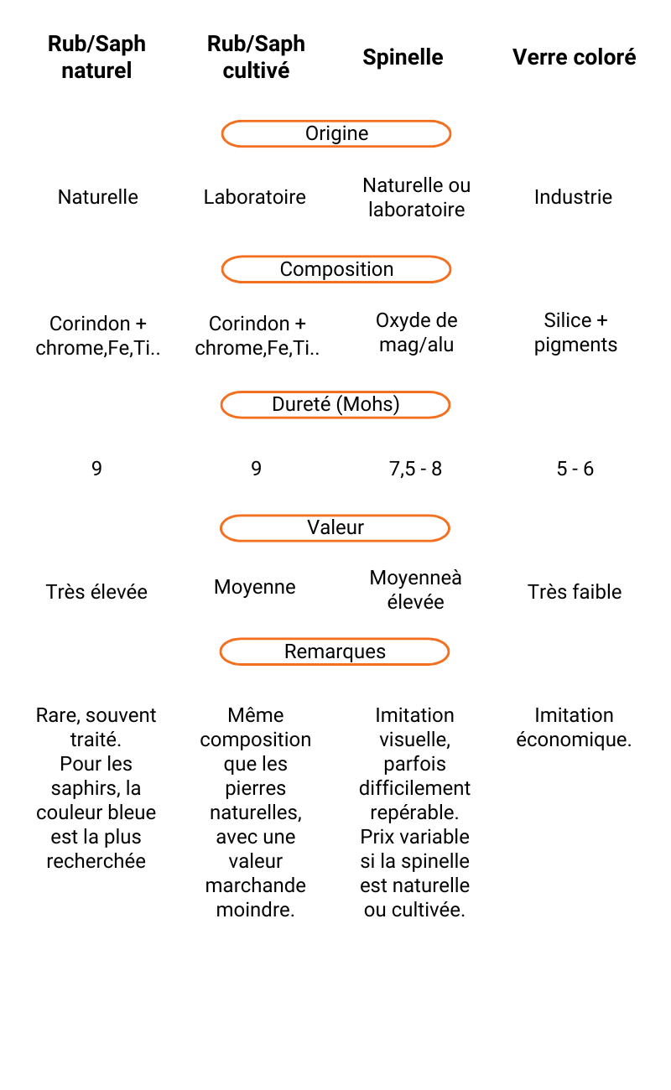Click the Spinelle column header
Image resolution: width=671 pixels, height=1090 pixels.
point(403,57)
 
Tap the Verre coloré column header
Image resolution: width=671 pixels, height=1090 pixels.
point(574,57)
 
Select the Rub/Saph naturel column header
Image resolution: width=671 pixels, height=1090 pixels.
point(96,57)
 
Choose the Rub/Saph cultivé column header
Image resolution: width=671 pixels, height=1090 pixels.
point(256,57)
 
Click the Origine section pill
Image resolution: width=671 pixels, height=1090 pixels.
point(336,133)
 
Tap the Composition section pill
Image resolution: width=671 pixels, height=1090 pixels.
point(336,269)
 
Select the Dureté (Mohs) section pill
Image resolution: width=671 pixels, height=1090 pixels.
point(335,404)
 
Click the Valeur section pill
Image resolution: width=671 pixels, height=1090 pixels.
point(335,528)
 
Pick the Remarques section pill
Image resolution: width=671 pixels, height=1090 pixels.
point(335,651)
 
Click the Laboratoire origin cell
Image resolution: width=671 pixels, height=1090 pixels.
point(255,197)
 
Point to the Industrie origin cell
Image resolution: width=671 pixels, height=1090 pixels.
point(573,197)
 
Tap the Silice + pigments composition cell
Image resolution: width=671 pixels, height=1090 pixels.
point(575,332)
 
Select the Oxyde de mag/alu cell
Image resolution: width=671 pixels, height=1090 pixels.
point(416,332)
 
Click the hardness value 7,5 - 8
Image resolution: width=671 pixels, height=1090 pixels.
point(415,469)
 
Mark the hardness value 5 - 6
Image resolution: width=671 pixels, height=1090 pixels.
point(575,469)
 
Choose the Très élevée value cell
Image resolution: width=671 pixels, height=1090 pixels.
point(96,592)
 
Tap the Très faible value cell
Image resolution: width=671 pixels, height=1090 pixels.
point(575,592)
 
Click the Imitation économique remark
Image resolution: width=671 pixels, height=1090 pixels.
point(574,728)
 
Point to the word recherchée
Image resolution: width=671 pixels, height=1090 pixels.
point(96,861)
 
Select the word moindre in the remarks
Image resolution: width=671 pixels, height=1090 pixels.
point(256,910)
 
